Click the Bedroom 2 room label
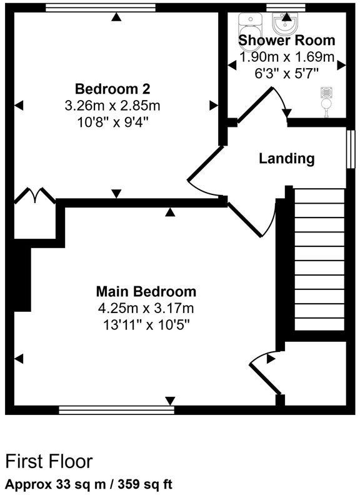click(x=112, y=87)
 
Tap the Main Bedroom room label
click(x=146, y=291)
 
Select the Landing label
click(x=287, y=158)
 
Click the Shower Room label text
click(x=287, y=41)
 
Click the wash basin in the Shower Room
click(x=286, y=23)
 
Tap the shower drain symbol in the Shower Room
click(x=325, y=92)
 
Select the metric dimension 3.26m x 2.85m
click(x=112, y=104)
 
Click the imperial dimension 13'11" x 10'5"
click(x=146, y=325)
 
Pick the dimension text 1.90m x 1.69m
click(x=287, y=57)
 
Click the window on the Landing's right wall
click(x=351, y=149)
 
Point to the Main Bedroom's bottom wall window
click(x=116, y=410)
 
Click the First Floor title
click(x=49, y=461)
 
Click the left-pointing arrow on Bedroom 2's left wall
click(x=19, y=104)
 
